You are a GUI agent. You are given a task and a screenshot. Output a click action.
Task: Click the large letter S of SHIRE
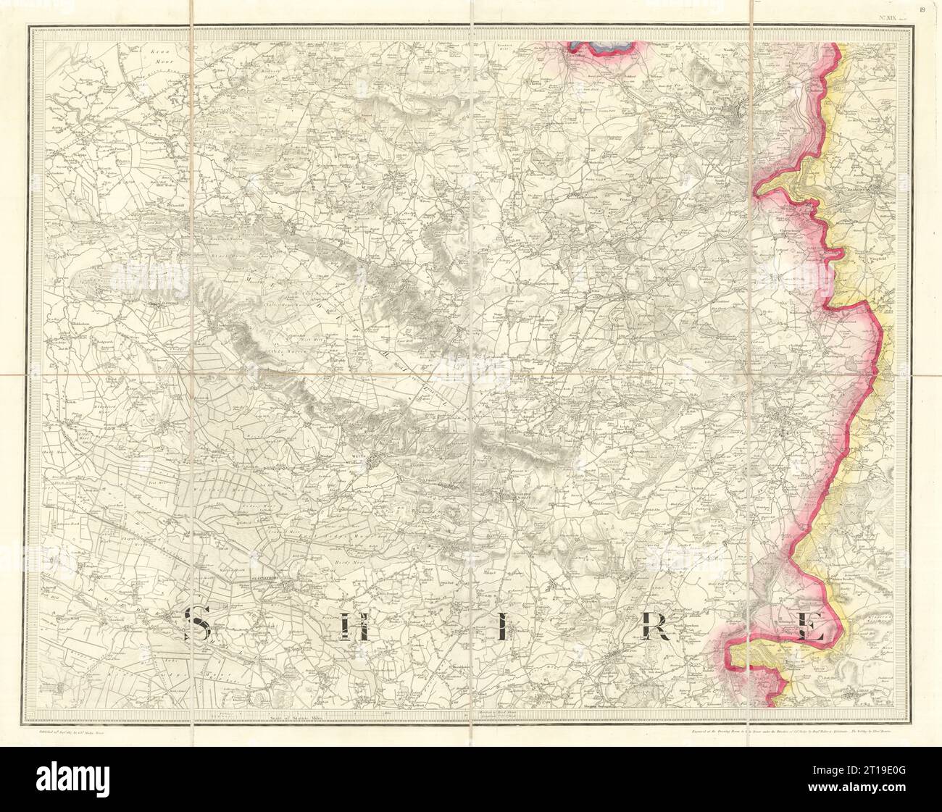coord(196,626)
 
